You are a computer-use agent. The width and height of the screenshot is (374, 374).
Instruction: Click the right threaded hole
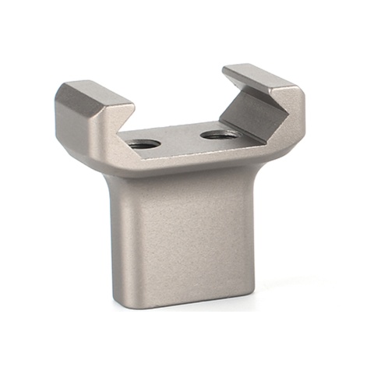click(x=219, y=134)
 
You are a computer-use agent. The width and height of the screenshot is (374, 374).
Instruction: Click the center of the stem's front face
click(x=187, y=234)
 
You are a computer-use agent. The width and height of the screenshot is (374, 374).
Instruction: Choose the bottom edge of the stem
click(x=187, y=301)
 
